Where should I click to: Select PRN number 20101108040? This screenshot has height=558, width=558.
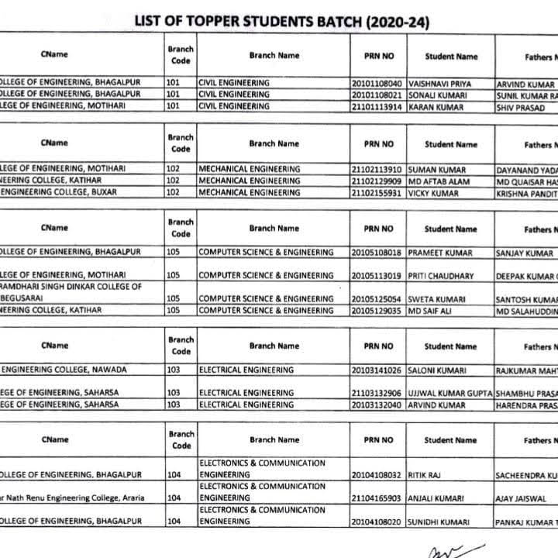(377, 83)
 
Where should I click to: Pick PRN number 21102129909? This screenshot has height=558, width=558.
(377, 181)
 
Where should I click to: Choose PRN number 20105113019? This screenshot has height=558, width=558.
(377, 274)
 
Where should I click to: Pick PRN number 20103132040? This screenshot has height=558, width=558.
(377, 405)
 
